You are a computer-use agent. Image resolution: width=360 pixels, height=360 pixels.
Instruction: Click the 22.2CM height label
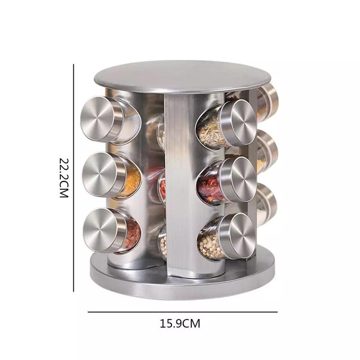point(64,177)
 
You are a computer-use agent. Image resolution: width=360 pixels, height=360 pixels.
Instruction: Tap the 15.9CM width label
point(180,324)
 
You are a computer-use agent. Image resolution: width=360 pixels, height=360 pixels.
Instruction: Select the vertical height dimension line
point(73,178)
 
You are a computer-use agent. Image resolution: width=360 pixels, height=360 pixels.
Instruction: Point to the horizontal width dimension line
point(183,312)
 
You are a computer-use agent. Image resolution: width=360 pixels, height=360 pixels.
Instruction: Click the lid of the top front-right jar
point(240,123)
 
